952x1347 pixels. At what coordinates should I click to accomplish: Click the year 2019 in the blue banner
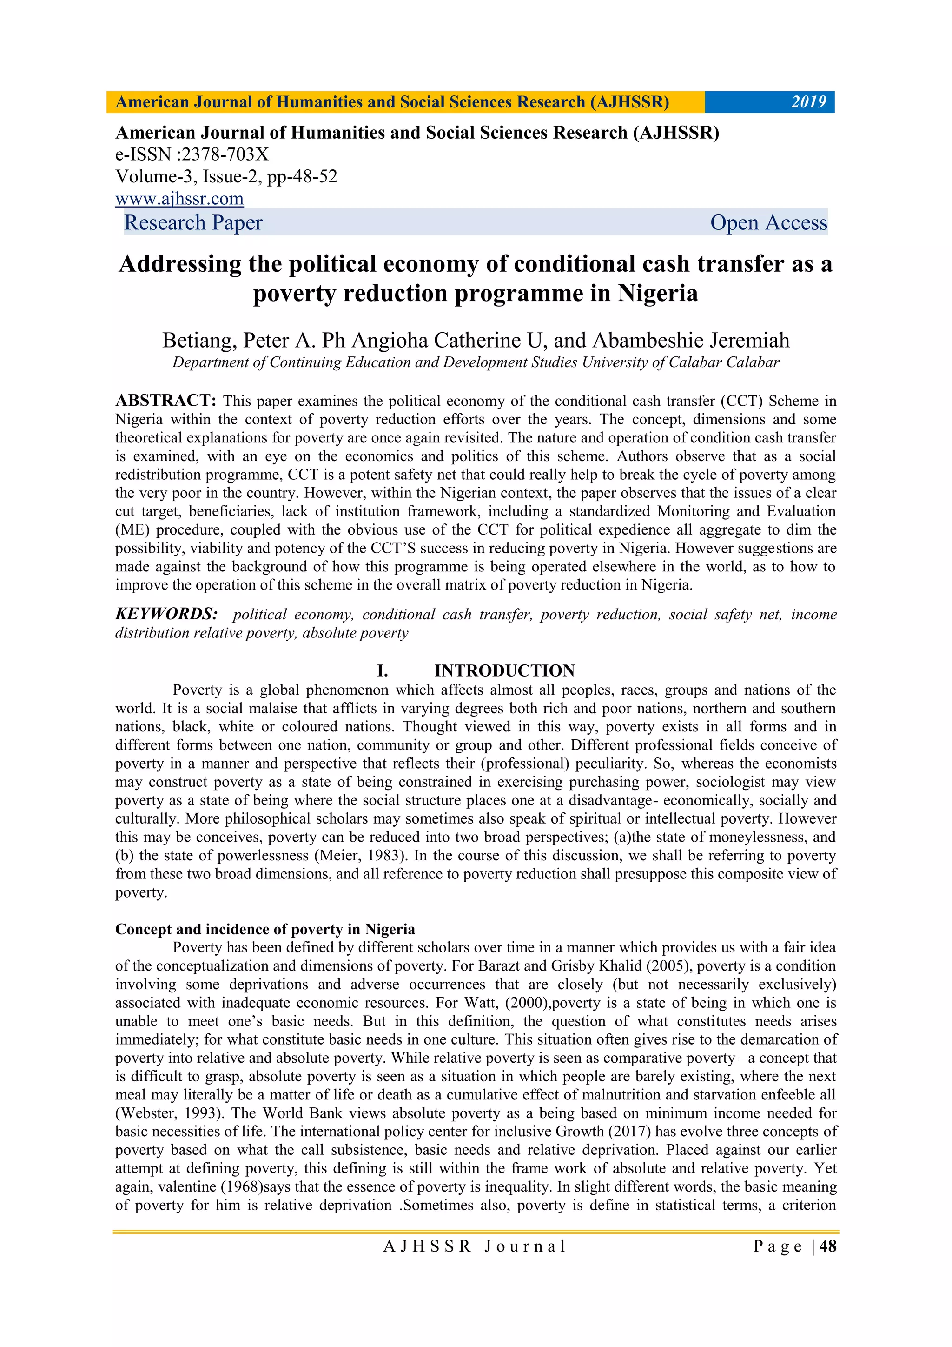pos(808,102)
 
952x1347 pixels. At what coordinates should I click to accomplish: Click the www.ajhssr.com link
pos(179,199)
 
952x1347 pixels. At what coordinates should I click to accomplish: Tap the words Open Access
pos(768,223)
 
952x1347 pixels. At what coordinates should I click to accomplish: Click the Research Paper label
pos(193,223)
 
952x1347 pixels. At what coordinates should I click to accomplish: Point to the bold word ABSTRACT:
pos(166,401)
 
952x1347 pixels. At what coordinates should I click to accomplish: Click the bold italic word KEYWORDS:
pos(166,614)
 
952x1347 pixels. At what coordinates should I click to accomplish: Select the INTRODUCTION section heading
pos(504,670)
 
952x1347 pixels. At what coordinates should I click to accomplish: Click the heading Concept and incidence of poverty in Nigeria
pos(265,929)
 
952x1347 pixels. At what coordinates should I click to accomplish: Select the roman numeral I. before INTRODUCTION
pos(382,670)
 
